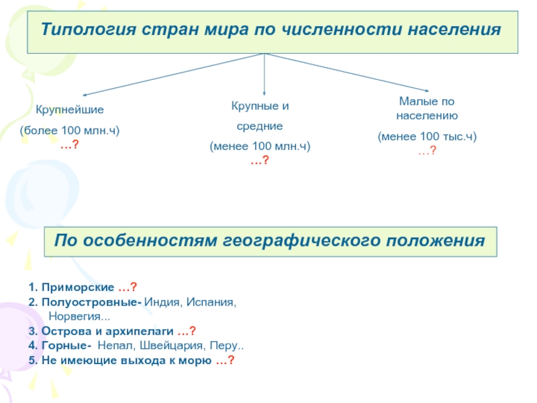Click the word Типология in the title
pos(89,29)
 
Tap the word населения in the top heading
pos(454,29)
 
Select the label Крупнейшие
pos(70,110)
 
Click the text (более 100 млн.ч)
pos(70,130)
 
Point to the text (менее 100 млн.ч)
pos(260,146)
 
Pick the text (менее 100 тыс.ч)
pos(427,136)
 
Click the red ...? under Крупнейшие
pos(70,144)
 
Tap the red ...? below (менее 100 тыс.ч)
pos(427,150)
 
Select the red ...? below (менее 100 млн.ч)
pos(260,160)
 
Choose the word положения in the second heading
pos(436,240)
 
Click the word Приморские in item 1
pos(78,287)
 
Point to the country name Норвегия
pos(75,316)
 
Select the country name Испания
pos(209,302)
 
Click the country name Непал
pos(115,345)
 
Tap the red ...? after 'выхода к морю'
pos(226,360)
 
